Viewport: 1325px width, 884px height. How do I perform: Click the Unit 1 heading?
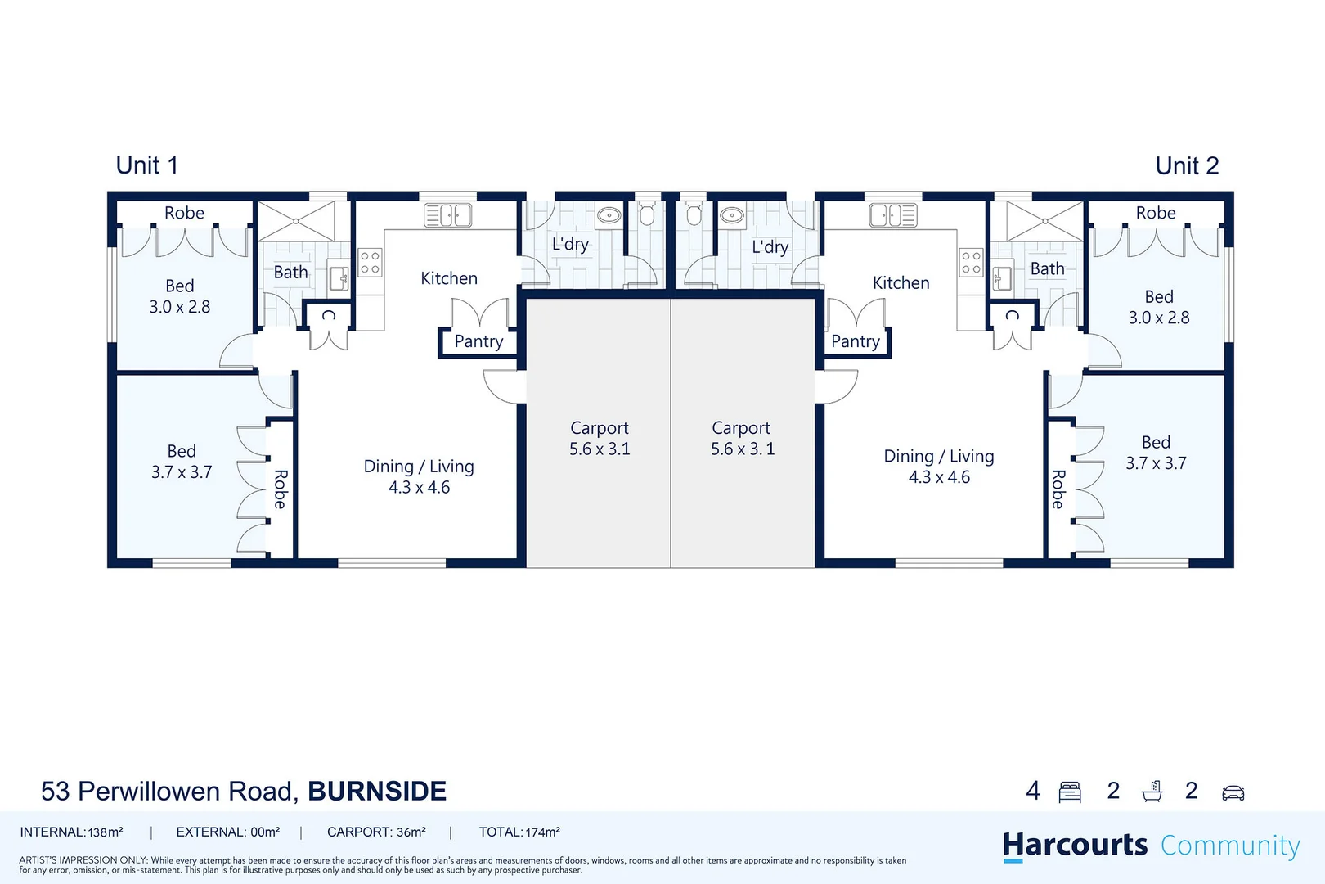[146, 165]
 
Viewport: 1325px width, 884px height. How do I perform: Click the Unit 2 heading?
[1186, 166]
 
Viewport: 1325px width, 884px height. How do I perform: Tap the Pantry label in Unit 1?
[478, 341]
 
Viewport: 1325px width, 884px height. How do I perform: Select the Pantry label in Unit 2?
[855, 341]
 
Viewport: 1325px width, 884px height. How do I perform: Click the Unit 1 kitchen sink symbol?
[447, 215]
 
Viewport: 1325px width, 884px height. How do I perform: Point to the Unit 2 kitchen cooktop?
[971, 263]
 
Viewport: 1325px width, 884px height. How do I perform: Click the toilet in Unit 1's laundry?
[646, 215]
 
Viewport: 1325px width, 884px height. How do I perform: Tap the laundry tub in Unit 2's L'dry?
[731, 215]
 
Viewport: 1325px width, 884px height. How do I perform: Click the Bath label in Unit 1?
[290, 272]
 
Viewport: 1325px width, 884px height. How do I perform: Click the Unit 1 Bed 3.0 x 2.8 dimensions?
[180, 307]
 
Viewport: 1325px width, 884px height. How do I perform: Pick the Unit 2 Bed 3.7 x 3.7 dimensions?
[1156, 463]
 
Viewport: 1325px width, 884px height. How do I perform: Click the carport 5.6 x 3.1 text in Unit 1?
[600, 449]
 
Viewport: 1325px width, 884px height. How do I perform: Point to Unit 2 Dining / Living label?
[939, 456]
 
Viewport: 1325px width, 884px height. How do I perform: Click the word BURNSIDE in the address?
[377, 792]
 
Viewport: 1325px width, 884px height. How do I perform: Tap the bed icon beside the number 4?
[1070, 792]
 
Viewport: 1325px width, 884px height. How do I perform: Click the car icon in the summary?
[1233, 792]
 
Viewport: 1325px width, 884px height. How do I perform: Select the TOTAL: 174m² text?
[519, 832]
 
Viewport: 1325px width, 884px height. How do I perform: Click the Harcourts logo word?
[1075, 845]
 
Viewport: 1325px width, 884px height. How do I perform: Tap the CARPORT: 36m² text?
[376, 832]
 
